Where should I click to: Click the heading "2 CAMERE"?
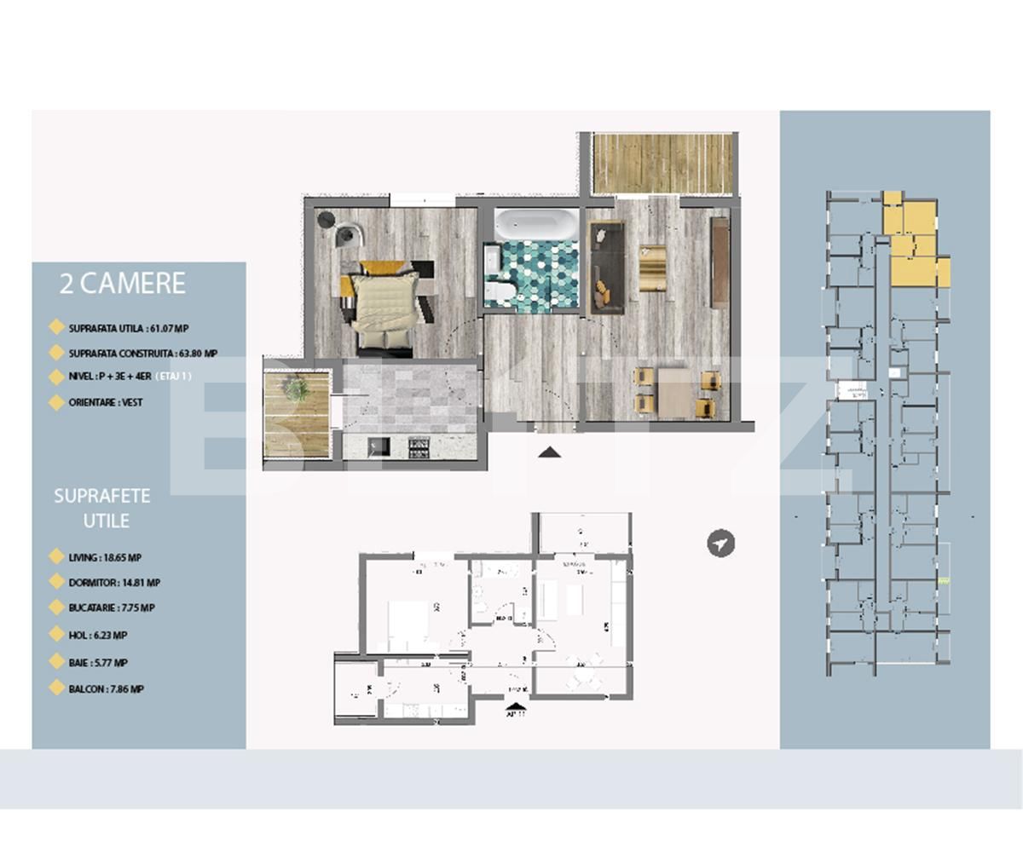123,284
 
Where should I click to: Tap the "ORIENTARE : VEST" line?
106,402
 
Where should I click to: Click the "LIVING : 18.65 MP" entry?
105,558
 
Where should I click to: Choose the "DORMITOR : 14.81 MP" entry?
114,583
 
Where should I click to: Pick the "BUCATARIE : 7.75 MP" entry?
112,608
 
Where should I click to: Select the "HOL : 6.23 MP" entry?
98,636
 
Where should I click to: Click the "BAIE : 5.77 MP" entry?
98,662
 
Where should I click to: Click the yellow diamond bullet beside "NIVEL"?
57,377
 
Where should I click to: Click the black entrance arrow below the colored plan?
549,452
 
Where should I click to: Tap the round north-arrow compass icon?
721,544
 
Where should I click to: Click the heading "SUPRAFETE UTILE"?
102,508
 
